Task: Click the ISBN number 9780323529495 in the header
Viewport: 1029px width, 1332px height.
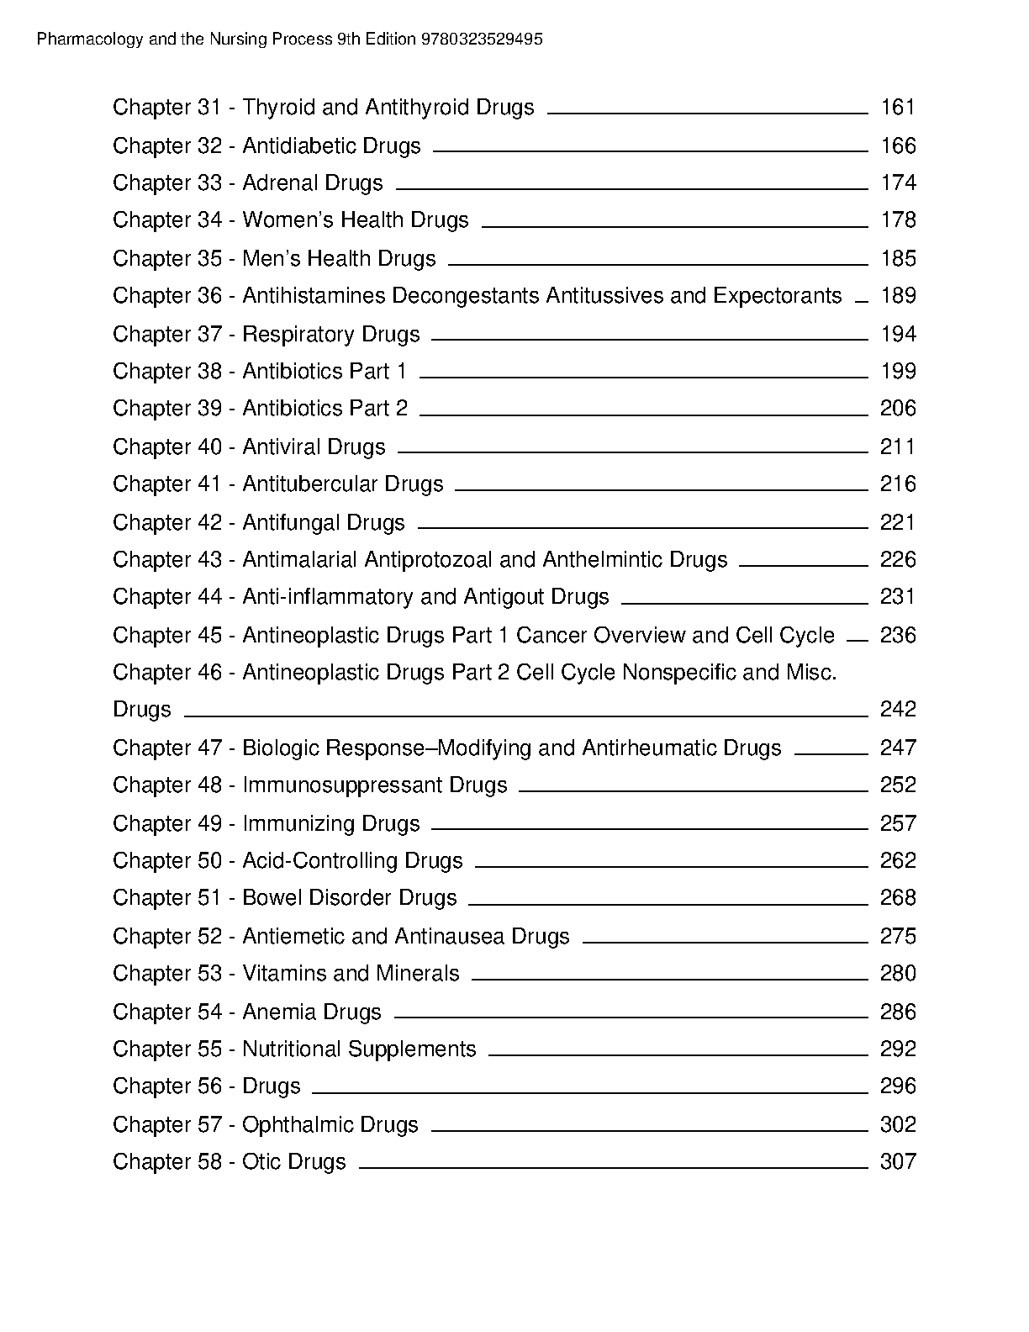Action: coord(482,40)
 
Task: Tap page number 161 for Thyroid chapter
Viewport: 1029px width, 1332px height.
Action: coord(898,108)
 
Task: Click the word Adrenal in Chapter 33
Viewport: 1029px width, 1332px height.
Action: coord(279,183)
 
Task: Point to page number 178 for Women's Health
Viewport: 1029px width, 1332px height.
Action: coord(898,220)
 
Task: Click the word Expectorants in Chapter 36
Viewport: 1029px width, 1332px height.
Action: coord(778,296)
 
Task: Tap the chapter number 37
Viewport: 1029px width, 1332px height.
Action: coord(209,335)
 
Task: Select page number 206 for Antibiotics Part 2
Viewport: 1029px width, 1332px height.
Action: coord(898,409)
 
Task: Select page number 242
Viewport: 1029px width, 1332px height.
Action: coord(898,710)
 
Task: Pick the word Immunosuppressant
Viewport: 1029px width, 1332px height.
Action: coord(342,785)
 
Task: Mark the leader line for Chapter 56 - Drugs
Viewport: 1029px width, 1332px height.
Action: coord(589,1093)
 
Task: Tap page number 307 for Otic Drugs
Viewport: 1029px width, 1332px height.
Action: coord(898,1162)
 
